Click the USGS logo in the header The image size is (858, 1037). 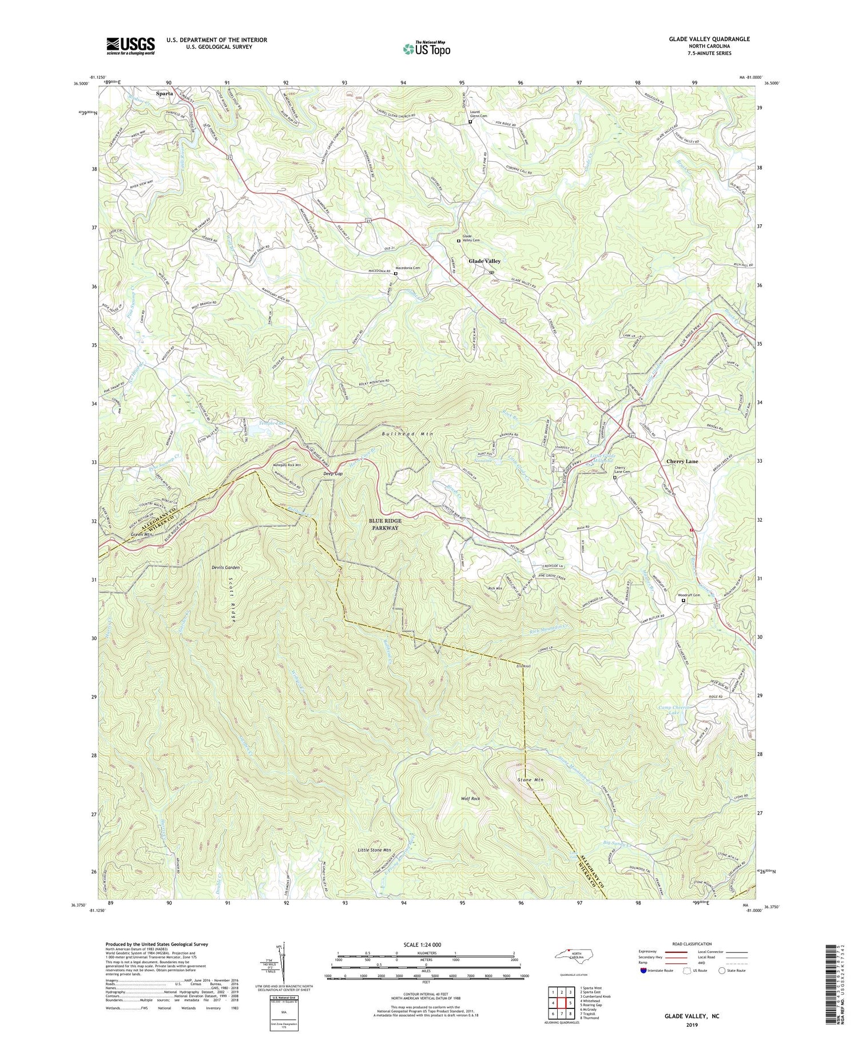click(x=130, y=46)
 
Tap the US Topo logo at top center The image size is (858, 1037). click(x=426, y=49)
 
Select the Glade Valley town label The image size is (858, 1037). click(x=484, y=261)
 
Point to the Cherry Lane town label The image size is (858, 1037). click(x=682, y=461)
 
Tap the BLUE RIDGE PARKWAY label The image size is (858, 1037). click(x=386, y=525)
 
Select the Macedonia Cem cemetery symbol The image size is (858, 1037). click(x=395, y=274)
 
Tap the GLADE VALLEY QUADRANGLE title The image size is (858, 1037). click(x=701, y=39)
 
